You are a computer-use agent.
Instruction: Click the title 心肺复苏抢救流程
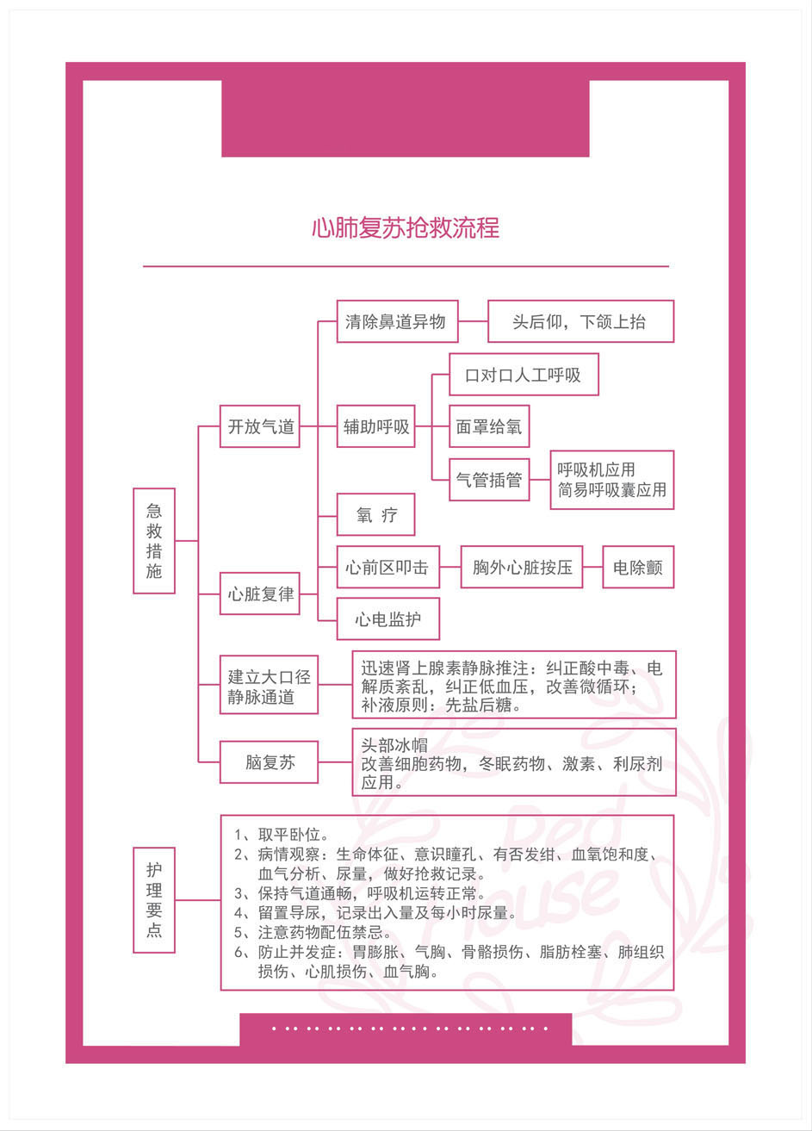point(406,227)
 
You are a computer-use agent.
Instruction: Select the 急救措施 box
point(154,540)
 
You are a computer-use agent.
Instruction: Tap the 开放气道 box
point(260,426)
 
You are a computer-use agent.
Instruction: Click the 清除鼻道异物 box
point(396,322)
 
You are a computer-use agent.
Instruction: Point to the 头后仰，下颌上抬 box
point(580,322)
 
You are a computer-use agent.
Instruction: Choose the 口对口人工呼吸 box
point(524,375)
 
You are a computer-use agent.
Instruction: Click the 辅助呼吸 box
point(376,426)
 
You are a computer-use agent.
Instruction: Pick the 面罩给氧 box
point(489,426)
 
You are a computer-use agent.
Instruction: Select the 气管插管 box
point(489,480)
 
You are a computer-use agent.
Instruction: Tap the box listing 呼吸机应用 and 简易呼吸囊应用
point(611,480)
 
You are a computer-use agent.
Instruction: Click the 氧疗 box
point(376,515)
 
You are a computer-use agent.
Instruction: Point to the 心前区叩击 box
point(387,568)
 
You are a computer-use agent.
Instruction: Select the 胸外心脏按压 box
point(522,568)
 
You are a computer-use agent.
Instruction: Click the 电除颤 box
point(637,568)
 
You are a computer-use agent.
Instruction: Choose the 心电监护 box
point(387,619)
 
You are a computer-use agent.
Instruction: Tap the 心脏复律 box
point(260,593)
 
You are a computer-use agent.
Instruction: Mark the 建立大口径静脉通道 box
point(269,687)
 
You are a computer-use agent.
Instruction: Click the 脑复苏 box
point(269,762)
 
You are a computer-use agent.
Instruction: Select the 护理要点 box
point(154,899)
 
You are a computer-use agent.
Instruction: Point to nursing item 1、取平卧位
point(282,835)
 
